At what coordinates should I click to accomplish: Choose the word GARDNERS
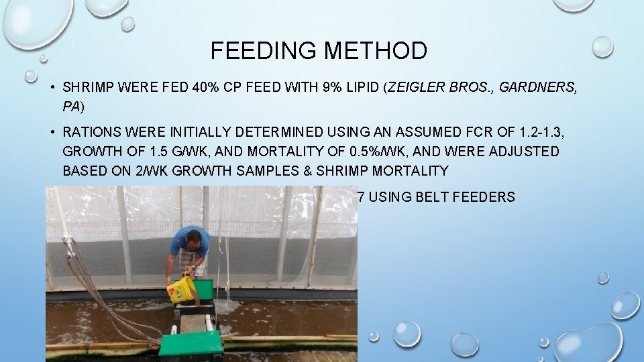point(543,87)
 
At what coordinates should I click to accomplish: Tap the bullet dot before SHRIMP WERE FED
point(51,87)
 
